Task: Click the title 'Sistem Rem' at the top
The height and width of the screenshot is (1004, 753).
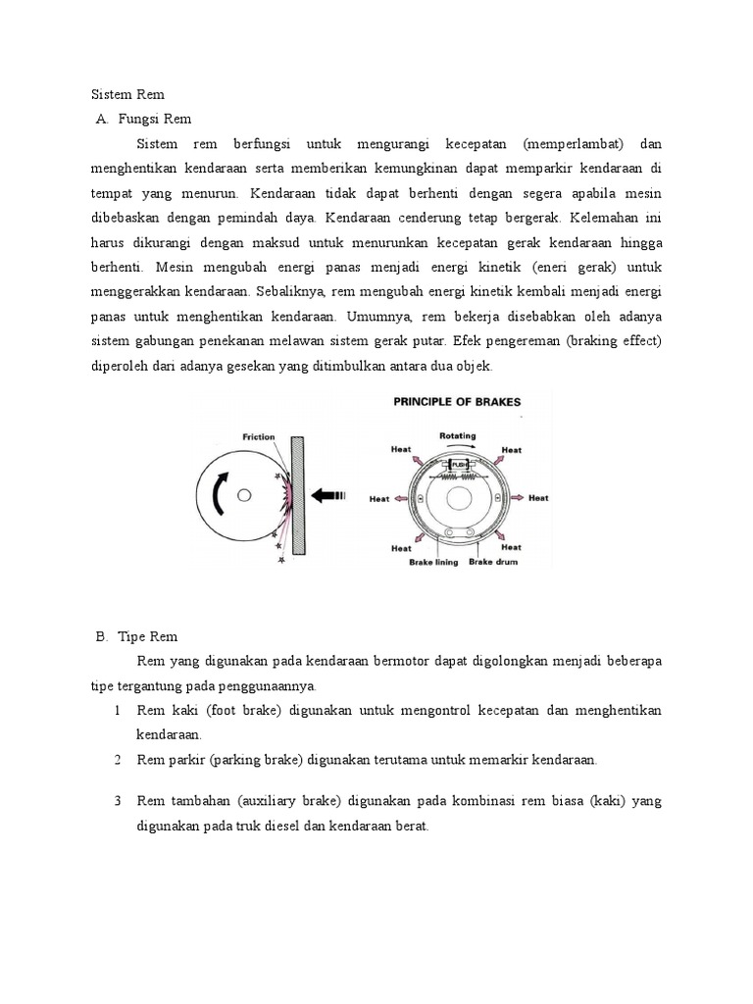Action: click(x=128, y=95)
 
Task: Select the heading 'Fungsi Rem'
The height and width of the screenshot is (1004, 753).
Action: click(x=154, y=120)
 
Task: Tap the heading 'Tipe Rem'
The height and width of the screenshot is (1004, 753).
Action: click(x=147, y=636)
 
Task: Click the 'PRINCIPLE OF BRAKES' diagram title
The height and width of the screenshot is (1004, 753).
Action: click(x=457, y=401)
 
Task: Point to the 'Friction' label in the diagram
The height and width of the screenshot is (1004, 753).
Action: click(x=258, y=437)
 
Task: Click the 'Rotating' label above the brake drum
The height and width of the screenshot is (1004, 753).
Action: click(x=458, y=436)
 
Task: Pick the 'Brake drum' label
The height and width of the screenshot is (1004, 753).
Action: click(x=493, y=562)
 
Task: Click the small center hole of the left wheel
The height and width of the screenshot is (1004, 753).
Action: click(x=245, y=493)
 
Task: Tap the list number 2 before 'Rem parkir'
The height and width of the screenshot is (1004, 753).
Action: click(x=117, y=760)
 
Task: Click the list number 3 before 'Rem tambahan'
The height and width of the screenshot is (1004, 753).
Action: click(x=117, y=801)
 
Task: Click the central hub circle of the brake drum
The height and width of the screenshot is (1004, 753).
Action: click(x=458, y=498)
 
